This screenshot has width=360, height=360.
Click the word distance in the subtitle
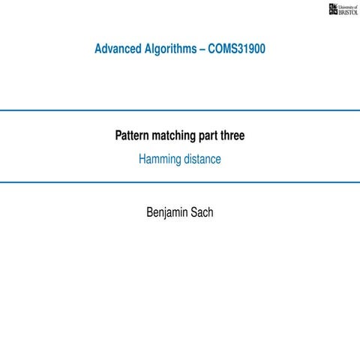202,159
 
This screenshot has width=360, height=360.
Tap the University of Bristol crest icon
334,10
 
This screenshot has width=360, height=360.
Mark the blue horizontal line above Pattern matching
180,109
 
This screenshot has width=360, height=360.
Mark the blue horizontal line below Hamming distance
180,182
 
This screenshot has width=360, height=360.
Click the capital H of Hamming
142,159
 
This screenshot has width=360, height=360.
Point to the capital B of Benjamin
149,212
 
